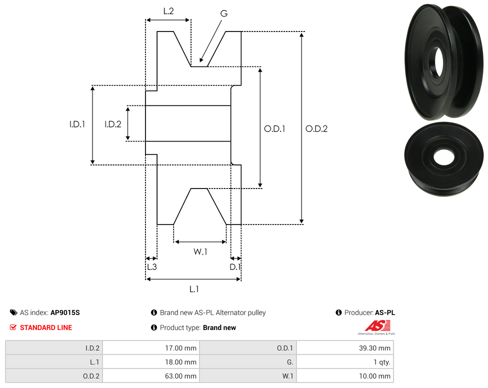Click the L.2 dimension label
coord(168,10)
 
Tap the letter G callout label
coord(224,13)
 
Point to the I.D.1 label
coord(77,124)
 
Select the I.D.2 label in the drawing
coord(113,124)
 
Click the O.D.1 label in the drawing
coord(274,128)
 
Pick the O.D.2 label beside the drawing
coord(316,128)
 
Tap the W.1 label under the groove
coord(200,252)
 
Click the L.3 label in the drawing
coord(151,267)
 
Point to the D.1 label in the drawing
coord(235,267)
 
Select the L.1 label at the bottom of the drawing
coord(194,289)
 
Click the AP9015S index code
coord(65,313)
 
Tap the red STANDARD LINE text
coord(46,328)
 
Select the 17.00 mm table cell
coord(150,348)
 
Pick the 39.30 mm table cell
coord(345,348)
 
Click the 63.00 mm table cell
coord(150,376)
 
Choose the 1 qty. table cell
coord(345,362)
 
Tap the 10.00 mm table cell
coord(345,376)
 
